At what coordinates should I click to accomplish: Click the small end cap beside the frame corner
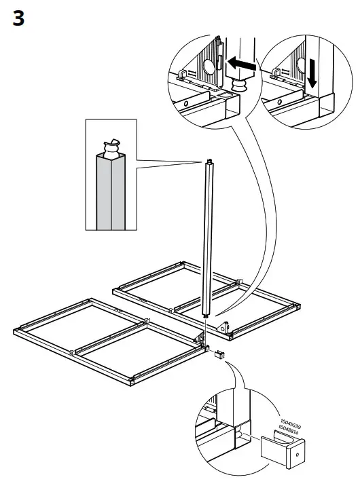tap(219, 354)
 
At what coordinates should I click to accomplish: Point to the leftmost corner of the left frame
tap(15, 330)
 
